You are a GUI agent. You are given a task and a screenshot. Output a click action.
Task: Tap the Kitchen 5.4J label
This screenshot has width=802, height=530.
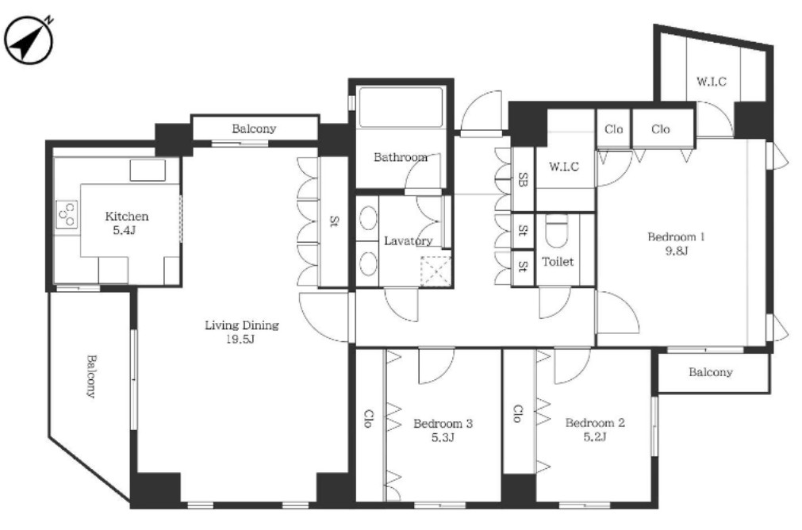[x=126, y=223]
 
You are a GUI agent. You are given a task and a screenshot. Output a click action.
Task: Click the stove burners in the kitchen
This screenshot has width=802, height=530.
[x=67, y=214]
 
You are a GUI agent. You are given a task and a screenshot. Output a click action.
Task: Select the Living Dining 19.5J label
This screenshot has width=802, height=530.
[x=241, y=332]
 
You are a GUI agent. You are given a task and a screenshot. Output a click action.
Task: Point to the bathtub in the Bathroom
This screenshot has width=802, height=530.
[x=401, y=107]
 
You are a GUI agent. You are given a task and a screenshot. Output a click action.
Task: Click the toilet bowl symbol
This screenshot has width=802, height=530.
[x=557, y=231]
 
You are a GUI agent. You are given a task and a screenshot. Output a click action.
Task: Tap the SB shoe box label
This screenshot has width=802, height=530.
[x=523, y=179]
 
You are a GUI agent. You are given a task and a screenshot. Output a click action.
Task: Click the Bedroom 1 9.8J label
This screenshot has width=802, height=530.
[x=676, y=244]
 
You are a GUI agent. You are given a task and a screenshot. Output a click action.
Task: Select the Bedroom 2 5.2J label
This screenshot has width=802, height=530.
[x=595, y=429]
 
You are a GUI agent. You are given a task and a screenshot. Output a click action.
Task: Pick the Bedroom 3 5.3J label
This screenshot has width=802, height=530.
[x=443, y=430]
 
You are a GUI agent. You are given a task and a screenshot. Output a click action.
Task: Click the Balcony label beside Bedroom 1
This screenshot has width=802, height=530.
[x=711, y=372]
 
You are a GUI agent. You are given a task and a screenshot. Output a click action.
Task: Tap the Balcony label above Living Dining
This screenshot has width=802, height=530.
[x=254, y=129]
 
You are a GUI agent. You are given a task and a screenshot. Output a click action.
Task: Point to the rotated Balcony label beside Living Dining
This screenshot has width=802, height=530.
[x=91, y=377]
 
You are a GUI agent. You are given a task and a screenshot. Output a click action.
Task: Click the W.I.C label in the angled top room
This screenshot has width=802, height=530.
[x=711, y=82]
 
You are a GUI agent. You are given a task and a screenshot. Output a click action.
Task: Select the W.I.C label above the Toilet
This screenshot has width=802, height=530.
[x=564, y=167]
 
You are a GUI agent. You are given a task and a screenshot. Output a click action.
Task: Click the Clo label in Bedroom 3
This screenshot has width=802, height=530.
[x=369, y=418]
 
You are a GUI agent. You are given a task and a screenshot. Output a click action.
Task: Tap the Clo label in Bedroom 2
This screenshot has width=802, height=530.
[x=518, y=413]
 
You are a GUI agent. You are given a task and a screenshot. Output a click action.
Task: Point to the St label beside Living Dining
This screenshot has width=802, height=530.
[x=334, y=221]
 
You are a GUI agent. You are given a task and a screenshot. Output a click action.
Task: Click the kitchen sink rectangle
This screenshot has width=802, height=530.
[x=148, y=171]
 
